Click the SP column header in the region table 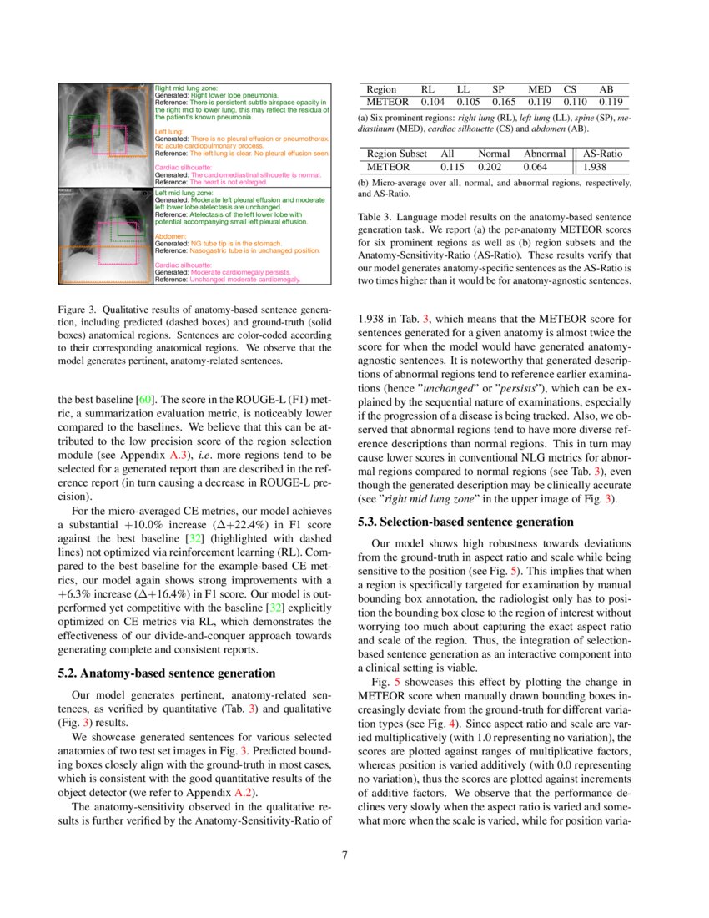point(498,89)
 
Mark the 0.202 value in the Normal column point(494,167)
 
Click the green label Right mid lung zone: point(187,87)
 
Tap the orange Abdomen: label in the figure point(173,235)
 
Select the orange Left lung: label point(169,131)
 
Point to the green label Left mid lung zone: point(185,193)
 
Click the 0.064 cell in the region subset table point(546,167)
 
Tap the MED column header point(540,89)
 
